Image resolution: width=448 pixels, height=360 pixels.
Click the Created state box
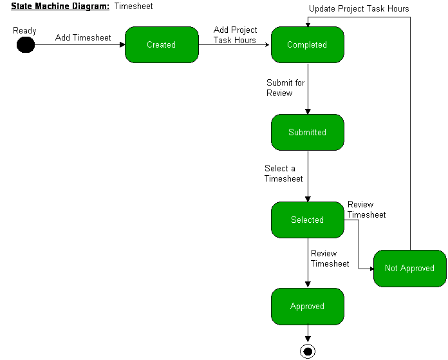(x=162, y=45)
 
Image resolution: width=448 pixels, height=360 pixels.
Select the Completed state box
(x=308, y=45)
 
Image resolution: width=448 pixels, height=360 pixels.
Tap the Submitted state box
(x=308, y=132)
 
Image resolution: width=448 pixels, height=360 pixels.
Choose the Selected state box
(x=308, y=220)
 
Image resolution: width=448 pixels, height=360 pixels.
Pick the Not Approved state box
(x=410, y=269)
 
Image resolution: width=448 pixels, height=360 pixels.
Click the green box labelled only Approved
(x=308, y=307)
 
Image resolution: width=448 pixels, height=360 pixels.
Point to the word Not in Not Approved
(x=391, y=269)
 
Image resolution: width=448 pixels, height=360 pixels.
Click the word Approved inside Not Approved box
(x=418, y=269)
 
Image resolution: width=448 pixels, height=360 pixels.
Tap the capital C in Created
(x=149, y=45)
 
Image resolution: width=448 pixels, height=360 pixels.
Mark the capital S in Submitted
(x=291, y=132)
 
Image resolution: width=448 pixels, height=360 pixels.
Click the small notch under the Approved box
(x=308, y=325)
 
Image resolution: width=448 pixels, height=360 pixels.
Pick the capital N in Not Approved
(x=387, y=269)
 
